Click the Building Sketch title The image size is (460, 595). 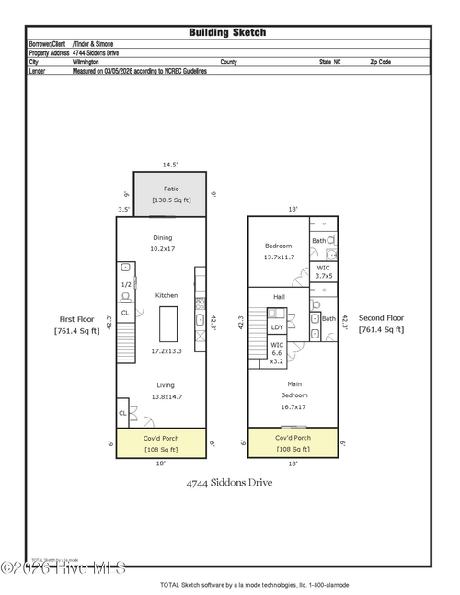click(x=227, y=32)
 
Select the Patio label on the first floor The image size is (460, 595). click(x=171, y=189)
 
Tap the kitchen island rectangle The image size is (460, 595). click(x=167, y=324)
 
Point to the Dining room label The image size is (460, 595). click(x=162, y=237)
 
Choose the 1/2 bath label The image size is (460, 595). click(x=126, y=285)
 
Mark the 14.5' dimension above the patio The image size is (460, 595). click(x=170, y=165)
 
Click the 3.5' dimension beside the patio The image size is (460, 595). click(x=123, y=210)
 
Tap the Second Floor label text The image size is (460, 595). click(x=380, y=318)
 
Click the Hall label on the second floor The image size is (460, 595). click(x=279, y=297)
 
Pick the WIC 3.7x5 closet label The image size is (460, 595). click(x=323, y=271)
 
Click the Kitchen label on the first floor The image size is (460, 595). click(x=167, y=295)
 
